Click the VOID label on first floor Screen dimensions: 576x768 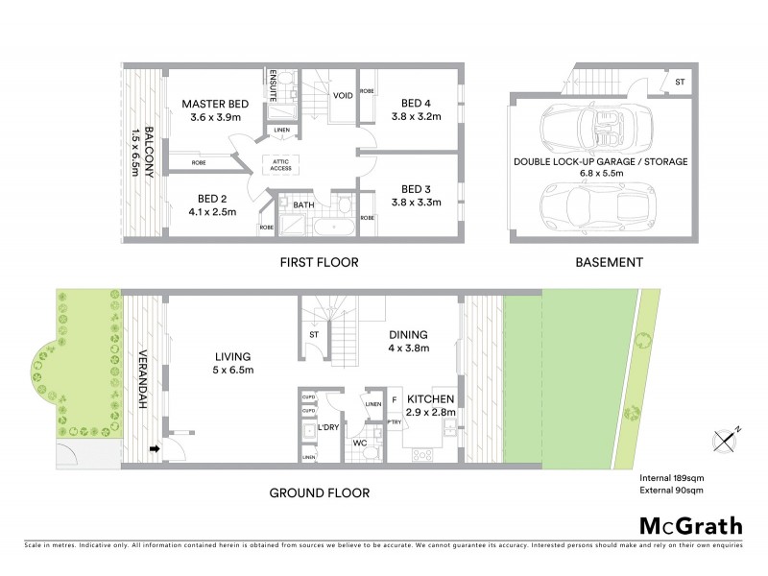(x=343, y=96)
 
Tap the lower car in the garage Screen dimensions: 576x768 (x=596, y=204)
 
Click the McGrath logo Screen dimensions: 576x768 (x=690, y=525)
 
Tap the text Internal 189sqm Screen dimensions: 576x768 (x=673, y=478)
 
